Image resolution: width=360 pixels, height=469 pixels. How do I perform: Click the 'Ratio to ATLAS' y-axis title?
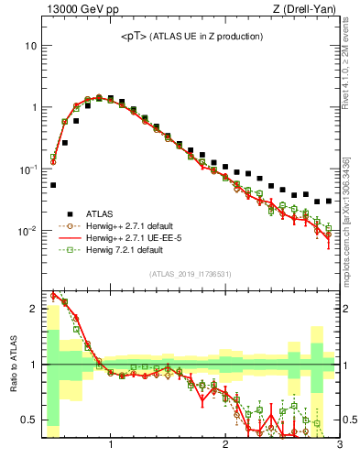(12, 365)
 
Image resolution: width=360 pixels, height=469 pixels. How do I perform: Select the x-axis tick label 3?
(339, 446)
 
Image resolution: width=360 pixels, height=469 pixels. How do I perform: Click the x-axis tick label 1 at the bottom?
(111, 446)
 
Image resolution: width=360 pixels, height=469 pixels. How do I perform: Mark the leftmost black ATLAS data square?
(53, 185)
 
